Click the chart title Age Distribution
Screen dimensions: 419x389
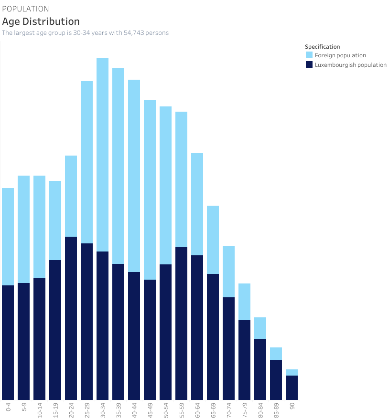[41, 21]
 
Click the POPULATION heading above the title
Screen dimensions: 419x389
[25, 9]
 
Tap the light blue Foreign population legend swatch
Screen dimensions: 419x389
[309, 55]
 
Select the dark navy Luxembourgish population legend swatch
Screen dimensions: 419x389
[309, 65]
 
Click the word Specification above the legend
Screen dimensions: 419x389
[322, 47]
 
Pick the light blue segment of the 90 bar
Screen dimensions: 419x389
[292, 372]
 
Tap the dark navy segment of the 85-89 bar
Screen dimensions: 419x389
[276, 379]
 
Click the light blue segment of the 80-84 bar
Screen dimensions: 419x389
[260, 328]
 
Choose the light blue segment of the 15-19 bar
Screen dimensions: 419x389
[55, 220]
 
